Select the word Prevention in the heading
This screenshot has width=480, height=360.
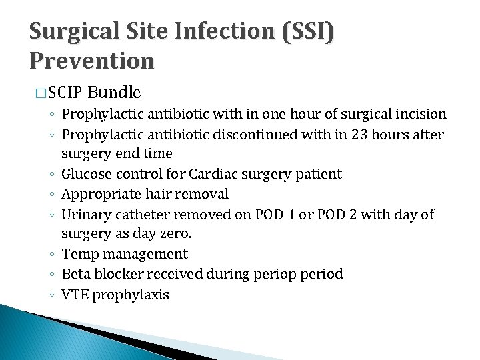click(x=92, y=61)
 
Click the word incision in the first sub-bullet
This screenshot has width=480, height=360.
click(x=420, y=115)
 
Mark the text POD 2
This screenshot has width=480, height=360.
click(x=349, y=215)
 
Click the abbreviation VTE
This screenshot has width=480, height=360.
click(x=75, y=294)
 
